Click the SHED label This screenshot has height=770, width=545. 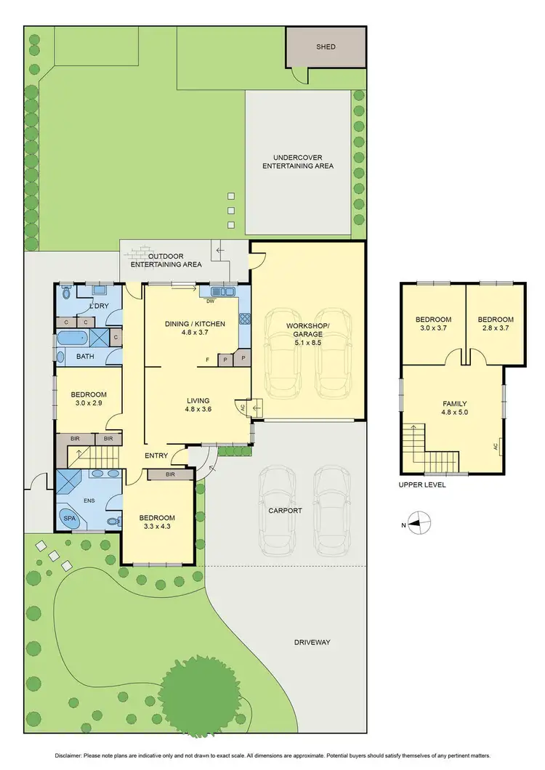tap(326, 47)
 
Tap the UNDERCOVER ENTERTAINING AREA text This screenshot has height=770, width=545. tap(303, 161)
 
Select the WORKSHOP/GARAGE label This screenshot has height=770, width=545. tap(308, 329)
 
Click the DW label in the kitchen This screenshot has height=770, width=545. tap(210, 300)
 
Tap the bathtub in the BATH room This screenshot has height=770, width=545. tap(70, 338)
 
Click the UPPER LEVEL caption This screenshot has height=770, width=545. tap(422, 485)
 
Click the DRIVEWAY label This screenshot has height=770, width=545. tap(312, 642)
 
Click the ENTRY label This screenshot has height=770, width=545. tap(156, 455)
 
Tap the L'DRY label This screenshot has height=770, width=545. tap(98, 306)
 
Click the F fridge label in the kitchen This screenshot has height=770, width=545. tap(208, 359)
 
